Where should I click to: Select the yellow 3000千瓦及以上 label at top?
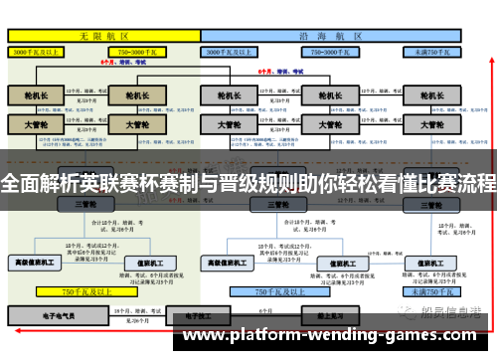(40, 50)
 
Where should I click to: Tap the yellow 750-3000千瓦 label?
(139, 50)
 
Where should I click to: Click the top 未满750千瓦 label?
(433, 50)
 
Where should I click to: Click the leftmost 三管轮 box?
(85, 204)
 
